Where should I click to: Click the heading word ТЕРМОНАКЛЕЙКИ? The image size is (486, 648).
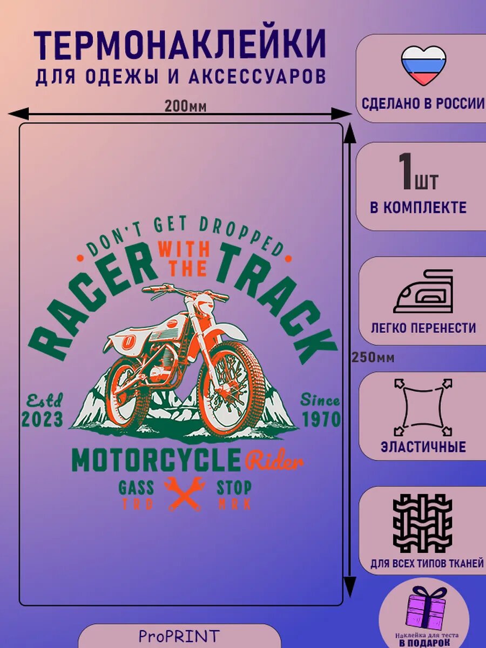(180, 48)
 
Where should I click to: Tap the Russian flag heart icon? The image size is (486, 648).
(424, 66)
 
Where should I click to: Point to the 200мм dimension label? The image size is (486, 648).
(186, 106)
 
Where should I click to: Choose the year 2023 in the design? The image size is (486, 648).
(42, 419)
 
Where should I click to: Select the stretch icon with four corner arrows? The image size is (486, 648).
(423, 407)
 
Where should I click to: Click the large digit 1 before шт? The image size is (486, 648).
(407, 171)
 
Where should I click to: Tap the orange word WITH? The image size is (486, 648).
(184, 250)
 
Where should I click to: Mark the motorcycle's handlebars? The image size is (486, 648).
(185, 292)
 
